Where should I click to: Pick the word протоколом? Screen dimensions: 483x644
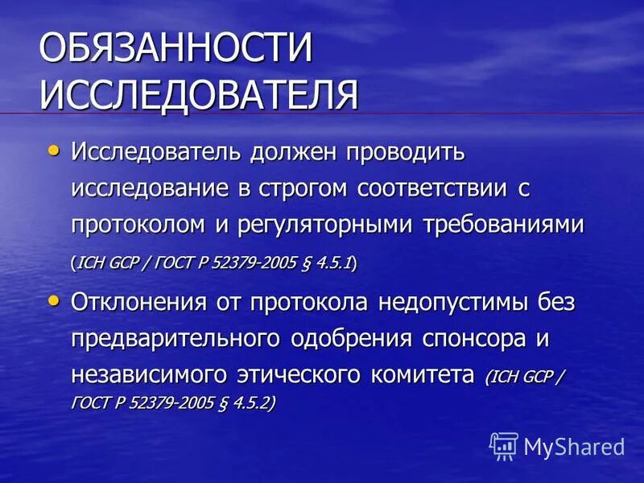click(x=137, y=225)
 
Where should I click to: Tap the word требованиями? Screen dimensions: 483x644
click(x=503, y=225)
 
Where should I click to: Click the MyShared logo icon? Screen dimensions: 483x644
click(x=504, y=444)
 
